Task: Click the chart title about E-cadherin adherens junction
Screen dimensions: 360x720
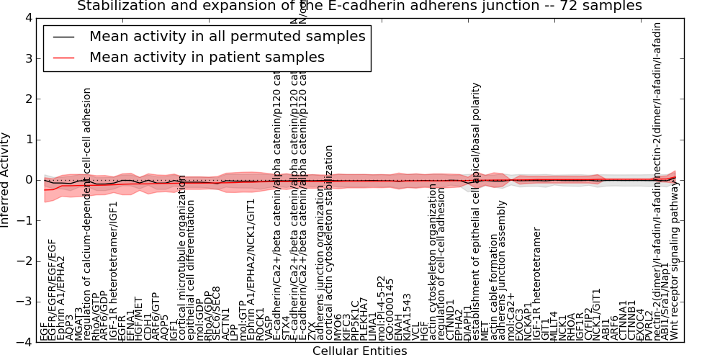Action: (359, 6)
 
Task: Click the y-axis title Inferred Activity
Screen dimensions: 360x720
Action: (6, 180)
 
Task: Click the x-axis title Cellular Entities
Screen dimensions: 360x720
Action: (359, 351)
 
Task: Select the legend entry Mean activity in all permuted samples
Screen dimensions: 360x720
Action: (227, 36)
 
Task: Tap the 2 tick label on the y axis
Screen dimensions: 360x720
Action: (27, 99)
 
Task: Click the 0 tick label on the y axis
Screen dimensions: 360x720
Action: (27, 180)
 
